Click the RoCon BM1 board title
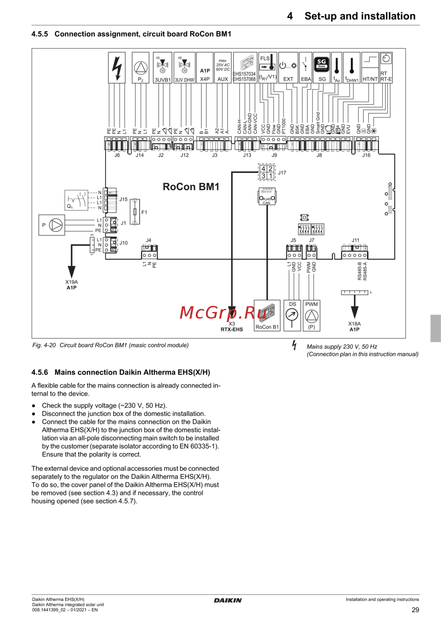[191, 187]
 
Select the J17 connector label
[282, 173]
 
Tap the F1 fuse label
[144, 212]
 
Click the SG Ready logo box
[322, 64]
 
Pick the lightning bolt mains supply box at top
[117, 68]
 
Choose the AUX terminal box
[223, 68]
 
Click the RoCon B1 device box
[267, 316]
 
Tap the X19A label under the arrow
[71, 282]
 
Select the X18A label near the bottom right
[355, 323]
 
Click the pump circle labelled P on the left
[56, 225]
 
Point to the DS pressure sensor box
[292, 315]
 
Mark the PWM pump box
[312, 315]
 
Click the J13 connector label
[247, 155]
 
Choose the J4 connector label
[149, 241]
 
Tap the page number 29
[415, 610]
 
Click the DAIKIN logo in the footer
[228, 600]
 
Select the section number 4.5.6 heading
[40, 372]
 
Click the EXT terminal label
[288, 79]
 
